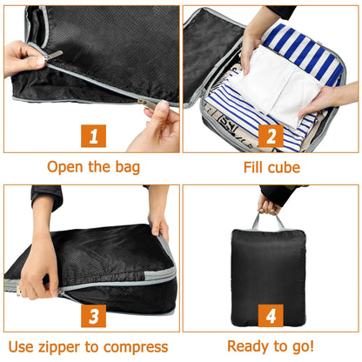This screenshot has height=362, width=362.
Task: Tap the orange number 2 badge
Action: (270, 136)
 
